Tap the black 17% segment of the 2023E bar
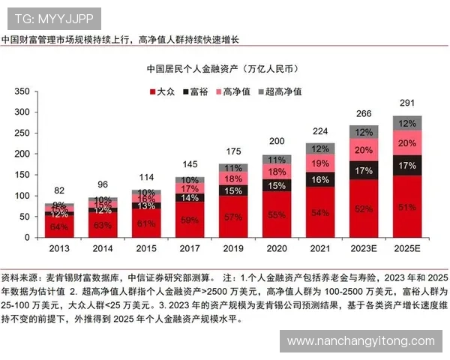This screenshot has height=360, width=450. [x=364, y=170]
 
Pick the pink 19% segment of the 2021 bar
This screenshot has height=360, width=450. [x=320, y=163]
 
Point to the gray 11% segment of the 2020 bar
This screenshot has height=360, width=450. [x=277, y=160]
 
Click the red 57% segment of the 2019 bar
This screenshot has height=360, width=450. [x=232, y=217]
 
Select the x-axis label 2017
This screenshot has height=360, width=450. [x=189, y=248]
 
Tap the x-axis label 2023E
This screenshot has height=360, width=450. [x=364, y=248]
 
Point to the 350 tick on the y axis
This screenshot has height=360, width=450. [x=22, y=91]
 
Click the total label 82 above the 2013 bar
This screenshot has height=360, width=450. [x=59, y=191]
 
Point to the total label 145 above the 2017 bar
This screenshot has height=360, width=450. [x=189, y=165]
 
